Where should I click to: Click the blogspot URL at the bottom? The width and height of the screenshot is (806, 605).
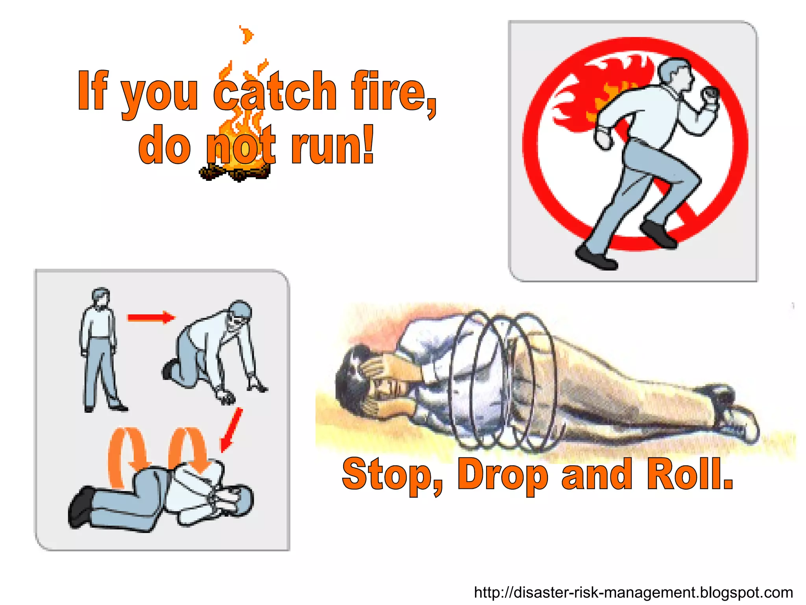(x=633, y=592)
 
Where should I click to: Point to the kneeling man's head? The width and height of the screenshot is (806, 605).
(x=239, y=313)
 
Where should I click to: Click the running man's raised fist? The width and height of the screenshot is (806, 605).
(x=711, y=96)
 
